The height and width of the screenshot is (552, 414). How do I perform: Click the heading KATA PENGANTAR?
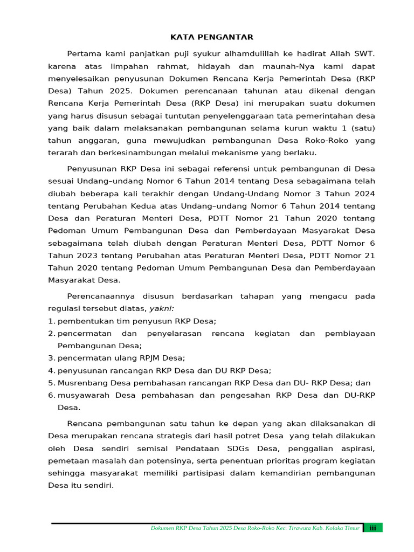pyautogui.click(x=211, y=37)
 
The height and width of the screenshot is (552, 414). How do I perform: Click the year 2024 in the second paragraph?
pyautogui.click(x=363, y=194)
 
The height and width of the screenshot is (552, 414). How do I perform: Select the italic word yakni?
pyautogui.click(x=162, y=308)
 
